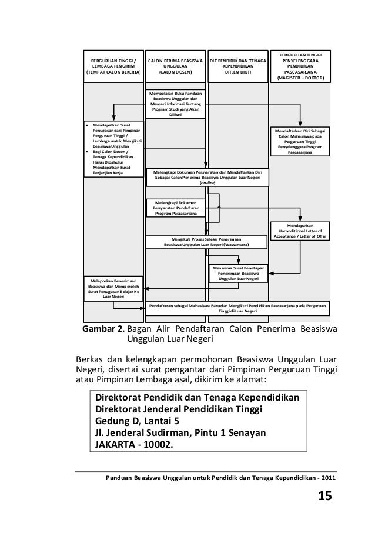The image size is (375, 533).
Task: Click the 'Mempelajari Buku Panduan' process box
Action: tap(175, 104)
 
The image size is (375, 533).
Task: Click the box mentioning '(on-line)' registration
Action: tap(207, 177)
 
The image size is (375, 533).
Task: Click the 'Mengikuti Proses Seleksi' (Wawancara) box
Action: tap(206, 242)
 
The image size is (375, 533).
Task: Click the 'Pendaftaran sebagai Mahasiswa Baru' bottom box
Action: tap(238, 309)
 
